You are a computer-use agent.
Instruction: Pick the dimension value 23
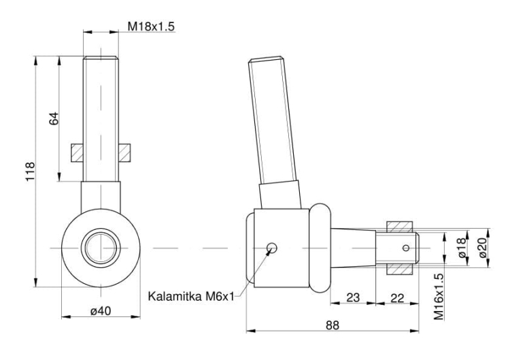coord(354,297)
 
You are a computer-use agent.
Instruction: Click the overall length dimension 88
coord(332,325)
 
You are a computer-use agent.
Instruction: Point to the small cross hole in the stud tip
coord(406,247)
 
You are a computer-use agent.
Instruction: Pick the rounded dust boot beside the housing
coord(321,248)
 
